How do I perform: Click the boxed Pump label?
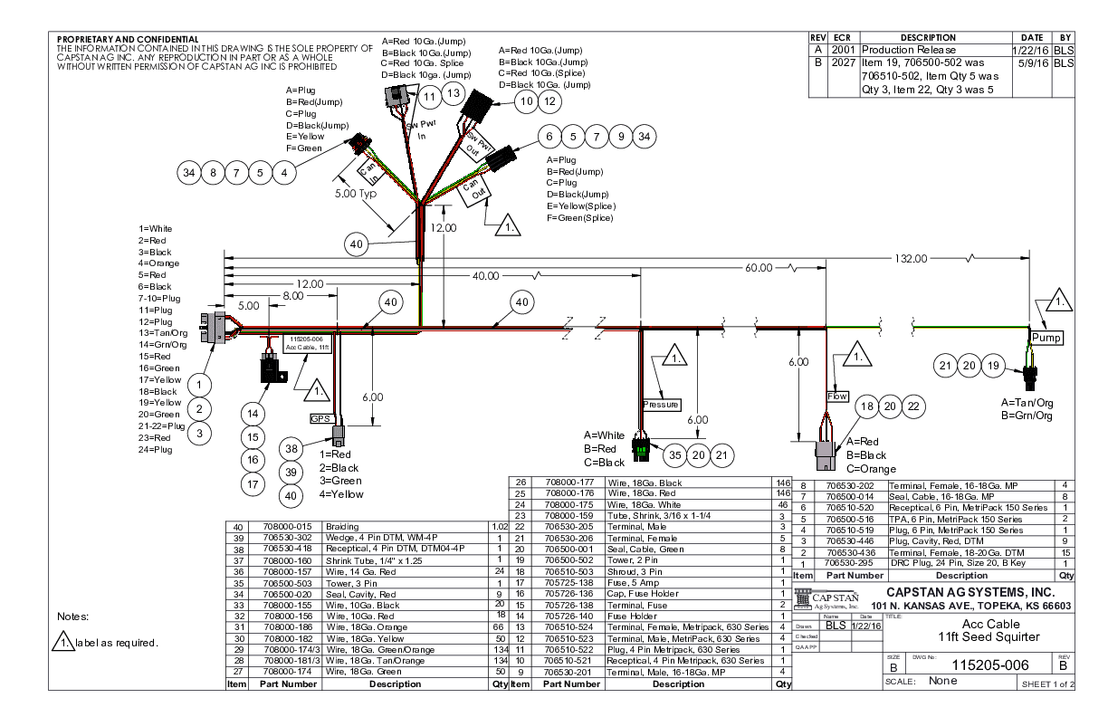[x=1046, y=338]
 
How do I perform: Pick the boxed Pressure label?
[x=661, y=405]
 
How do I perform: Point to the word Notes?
[x=73, y=618]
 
